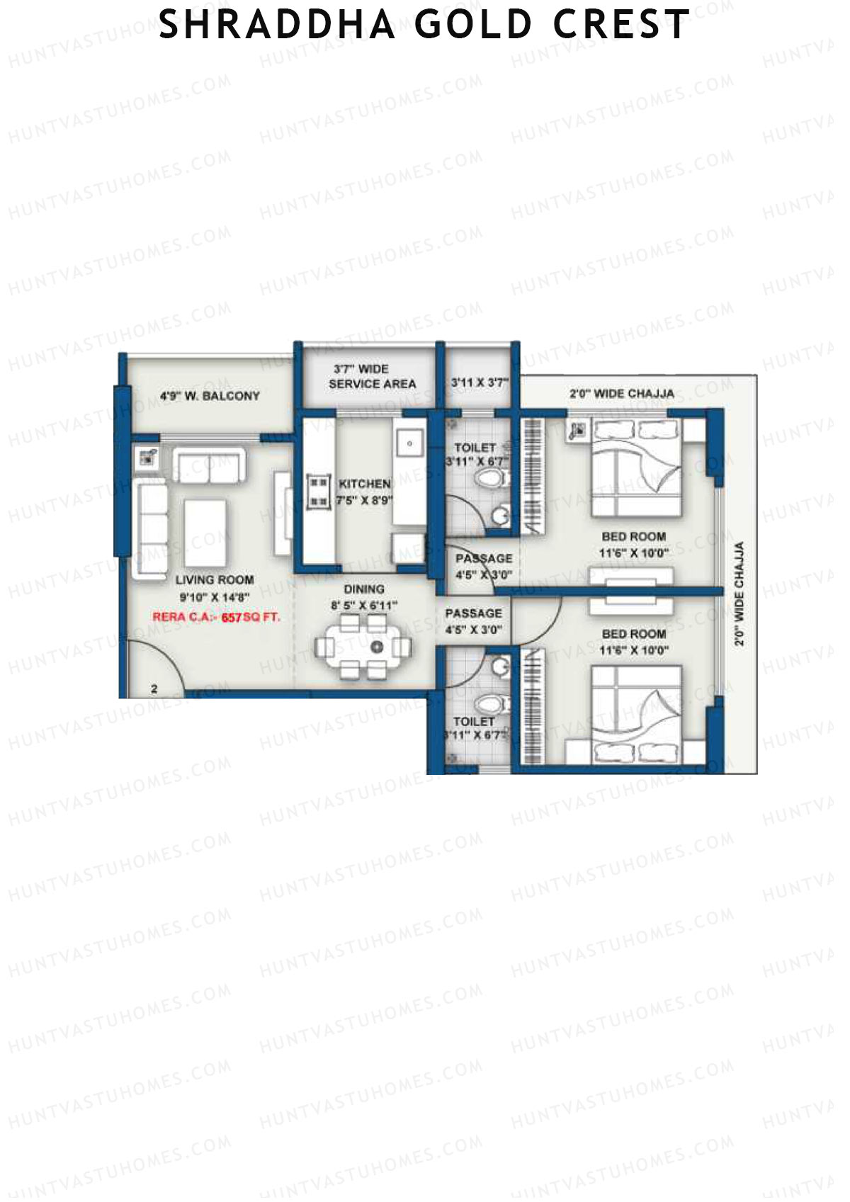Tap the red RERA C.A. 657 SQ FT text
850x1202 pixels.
tap(216, 617)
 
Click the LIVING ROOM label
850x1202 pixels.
tap(215, 580)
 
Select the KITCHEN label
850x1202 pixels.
tap(365, 484)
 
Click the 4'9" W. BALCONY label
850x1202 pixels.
tap(210, 396)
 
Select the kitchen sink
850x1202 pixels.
tap(409, 445)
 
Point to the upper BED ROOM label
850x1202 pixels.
tap(633, 537)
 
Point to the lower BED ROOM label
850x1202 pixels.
tap(633, 634)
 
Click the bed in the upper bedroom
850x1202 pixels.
tap(636, 467)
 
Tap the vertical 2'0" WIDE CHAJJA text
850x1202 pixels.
tap(739, 594)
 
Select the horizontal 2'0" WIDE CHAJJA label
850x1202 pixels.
tap(621, 394)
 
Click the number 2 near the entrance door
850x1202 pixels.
tap(154, 688)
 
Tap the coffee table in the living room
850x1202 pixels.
tap(205, 524)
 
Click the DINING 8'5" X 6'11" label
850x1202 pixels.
tap(364, 597)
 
